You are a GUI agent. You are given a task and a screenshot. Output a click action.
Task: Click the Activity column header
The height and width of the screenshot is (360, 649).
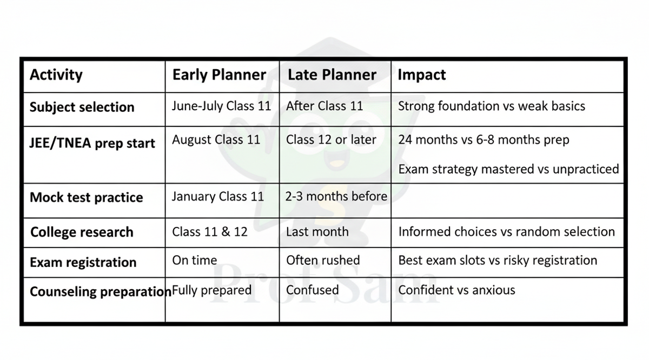pos(56,75)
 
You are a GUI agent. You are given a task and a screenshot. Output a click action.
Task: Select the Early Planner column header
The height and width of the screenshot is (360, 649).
pos(219,75)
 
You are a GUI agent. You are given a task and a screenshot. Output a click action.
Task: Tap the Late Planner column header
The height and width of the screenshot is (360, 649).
pos(332,75)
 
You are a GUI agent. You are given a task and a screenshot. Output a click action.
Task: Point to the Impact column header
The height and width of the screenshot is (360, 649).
pos(422,75)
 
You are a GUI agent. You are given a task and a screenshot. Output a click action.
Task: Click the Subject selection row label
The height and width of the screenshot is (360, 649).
pos(82,107)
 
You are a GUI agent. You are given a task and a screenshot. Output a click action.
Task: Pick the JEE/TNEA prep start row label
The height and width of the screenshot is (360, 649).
pos(92,143)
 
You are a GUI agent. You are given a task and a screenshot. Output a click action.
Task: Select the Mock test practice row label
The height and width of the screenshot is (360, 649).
pos(86,197)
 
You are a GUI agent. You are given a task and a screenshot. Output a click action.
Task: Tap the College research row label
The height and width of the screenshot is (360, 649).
pos(81,232)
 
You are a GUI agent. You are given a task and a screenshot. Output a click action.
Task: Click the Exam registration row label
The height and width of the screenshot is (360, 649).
pos(83,263)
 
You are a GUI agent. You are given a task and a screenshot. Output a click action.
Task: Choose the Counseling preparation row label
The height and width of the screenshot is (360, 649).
pos(100,292)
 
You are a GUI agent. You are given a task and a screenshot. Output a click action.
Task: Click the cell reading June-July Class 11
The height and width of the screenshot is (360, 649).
pos(221,106)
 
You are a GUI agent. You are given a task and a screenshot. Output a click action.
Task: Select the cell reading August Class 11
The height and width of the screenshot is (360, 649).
pos(216,139)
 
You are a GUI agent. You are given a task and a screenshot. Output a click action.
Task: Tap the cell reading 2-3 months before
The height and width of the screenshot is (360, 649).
pos(336,196)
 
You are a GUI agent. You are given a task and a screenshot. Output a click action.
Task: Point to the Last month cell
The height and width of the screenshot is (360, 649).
pos(317,232)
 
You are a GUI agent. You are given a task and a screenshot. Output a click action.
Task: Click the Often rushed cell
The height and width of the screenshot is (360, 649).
pos(323,260)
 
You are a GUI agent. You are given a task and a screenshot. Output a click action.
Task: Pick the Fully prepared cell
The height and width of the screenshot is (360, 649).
pos(211,290)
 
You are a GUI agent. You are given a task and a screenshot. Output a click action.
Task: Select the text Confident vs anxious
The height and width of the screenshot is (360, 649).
pos(456,290)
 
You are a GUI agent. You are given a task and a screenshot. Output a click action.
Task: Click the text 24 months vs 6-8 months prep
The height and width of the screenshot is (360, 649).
pos(484,140)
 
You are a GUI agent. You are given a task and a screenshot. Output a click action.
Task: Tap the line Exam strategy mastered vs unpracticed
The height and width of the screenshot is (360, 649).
pos(508,169)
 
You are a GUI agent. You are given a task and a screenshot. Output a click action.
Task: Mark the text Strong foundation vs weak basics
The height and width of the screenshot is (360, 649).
pos(491,106)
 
